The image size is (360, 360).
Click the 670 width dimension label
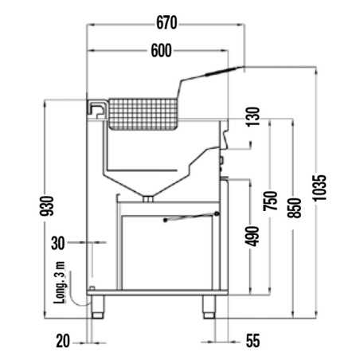pyautogui.click(x=166, y=23)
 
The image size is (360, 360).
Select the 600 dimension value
pyautogui.click(x=161, y=50)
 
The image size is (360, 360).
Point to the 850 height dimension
pyautogui.click(x=295, y=208)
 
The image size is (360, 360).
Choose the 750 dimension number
pyautogui.click(x=271, y=201)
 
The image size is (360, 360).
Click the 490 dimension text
pyautogui.click(x=252, y=237)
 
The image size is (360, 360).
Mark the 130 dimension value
pyautogui.click(x=252, y=116)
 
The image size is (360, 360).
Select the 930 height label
pyautogui.click(x=47, y=206)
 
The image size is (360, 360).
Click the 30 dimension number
pyautogui.click(x=58, y=243)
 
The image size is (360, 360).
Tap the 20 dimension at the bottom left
pyautogui.click(x=63, y=341)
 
